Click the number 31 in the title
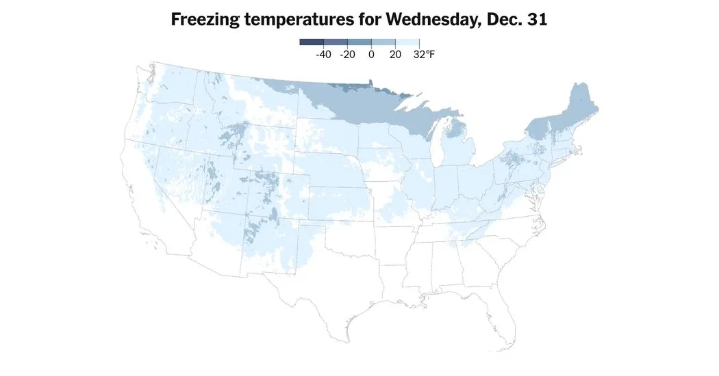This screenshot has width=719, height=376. click(538, 20)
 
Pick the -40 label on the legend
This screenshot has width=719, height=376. click(323, 55)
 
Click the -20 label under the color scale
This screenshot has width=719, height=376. click(347, 55)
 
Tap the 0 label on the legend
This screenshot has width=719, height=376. click(371, 55)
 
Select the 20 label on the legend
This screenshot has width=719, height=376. click(395, 55)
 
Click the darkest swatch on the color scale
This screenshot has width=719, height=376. click(312, 42)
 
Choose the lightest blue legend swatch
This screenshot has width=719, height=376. click(407, 42)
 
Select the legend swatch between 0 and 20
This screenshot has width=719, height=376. click(383, 42)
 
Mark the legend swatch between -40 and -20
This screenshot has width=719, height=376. click(336, 42)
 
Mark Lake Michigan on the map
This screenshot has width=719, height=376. click(438, 144)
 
